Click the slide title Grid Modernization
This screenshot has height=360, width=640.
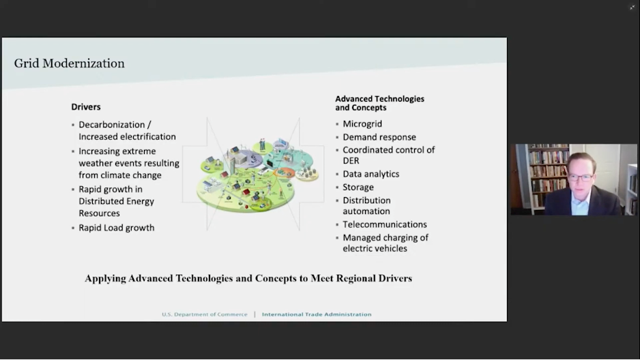[x=70, y=63]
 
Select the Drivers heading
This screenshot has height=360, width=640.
[x=86, y=107]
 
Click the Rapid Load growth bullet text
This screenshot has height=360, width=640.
[x=116, y=228]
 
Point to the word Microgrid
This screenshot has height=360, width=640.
[x=362, y=124]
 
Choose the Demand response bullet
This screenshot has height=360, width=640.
[x=379, y=137]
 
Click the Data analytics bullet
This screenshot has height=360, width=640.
[x=370, y=174]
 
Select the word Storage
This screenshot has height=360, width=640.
[x=358, y=187]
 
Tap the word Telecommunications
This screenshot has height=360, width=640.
[x=385, y=224]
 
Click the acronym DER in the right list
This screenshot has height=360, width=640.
[x=351, y=161]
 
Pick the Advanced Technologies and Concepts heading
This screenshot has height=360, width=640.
[x=379, y=103]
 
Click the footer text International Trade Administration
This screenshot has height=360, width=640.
[x=317, y=314]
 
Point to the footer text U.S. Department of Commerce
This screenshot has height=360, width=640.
[x=205, y=314]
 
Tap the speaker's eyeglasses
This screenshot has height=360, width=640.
[x=581, y=177]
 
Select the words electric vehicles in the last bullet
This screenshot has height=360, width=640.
[x=375, y=248]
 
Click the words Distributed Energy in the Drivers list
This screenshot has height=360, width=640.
[x=116, y=201]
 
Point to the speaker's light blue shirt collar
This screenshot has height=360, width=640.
[x=580, y=205]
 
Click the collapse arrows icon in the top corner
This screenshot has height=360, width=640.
[x=632, y=7]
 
